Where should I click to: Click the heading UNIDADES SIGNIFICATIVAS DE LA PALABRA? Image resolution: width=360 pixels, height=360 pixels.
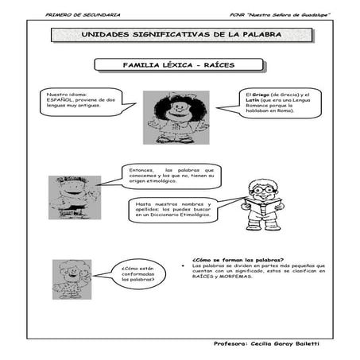pos(179,36)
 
